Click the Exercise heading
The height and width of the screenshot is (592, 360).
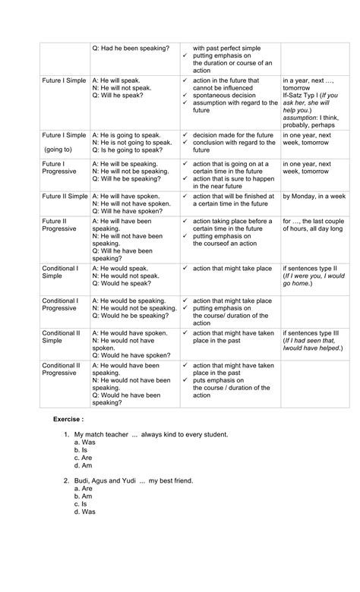click(68, 419)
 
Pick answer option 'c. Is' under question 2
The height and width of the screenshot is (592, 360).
click(83, 504)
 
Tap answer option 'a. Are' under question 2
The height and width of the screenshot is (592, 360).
click(84, 489)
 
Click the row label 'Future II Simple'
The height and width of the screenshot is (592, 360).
click(65, 197)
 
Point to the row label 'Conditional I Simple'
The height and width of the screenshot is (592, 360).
click(60, 272)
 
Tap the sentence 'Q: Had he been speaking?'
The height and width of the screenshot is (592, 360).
click(130, 49)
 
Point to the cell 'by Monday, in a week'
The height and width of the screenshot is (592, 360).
click(314, 197)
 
